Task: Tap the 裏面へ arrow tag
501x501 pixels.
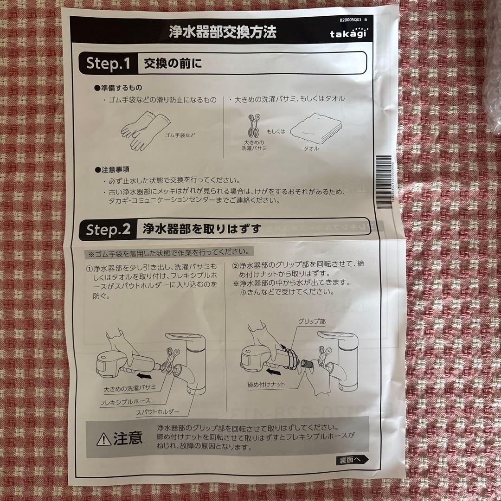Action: point(352,460)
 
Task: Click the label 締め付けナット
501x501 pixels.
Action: point(266,385)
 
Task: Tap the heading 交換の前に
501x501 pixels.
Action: point(173,63)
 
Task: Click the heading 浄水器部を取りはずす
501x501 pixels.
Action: point(202,229)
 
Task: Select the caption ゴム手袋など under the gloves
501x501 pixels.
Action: point(180,135)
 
